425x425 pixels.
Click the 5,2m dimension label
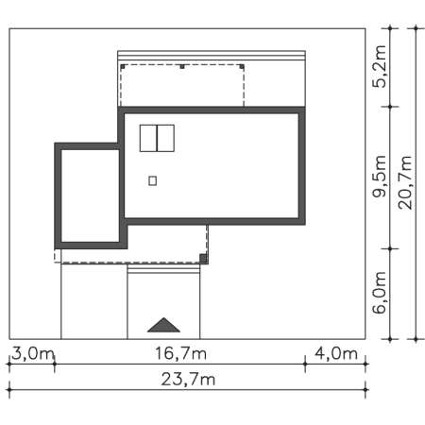pos(379,66)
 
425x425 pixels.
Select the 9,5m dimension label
pos(379,177)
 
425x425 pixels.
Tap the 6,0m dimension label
pos(379,293)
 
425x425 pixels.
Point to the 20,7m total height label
pos(405,182)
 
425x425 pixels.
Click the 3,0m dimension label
pos(33,353)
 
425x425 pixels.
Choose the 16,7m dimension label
pos(181,353)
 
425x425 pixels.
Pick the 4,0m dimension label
pos(336,353)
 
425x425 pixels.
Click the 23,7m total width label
pos(188,380)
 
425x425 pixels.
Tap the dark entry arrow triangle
pos(163,325)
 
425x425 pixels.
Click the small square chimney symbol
pos(153,181)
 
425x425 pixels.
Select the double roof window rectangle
pos(157,138)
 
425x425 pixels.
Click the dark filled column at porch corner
pos(203,259)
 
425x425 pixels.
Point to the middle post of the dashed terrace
pos(182,66)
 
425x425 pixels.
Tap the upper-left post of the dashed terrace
pos(123,66)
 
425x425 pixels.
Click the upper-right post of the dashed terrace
pos(242,66)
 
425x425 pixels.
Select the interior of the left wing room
pos(90,195)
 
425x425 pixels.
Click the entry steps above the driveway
pos(163,269)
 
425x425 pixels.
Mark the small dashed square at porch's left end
pos(58,256)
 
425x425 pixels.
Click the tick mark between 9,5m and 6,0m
pos(390,248)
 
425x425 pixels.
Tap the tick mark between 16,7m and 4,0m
pos(305,364)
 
